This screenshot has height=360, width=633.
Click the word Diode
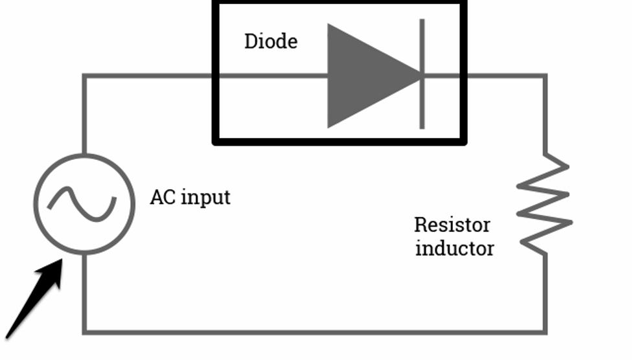(x=271, y=42)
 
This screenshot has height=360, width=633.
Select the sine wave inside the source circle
(x=84, y=202)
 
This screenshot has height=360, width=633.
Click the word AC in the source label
(x=163, y=197)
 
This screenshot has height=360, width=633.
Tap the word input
(x=205, y=197)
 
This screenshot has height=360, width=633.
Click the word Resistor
(x=452, y=225)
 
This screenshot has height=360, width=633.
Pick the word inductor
(x=454, y=248)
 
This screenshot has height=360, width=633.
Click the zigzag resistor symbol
(x=544, y=204)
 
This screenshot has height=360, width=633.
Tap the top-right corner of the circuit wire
(x=545, y=76)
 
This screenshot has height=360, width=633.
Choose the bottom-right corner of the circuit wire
(x=545, y=332)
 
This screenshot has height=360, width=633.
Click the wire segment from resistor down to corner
(x=545, y=291)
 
